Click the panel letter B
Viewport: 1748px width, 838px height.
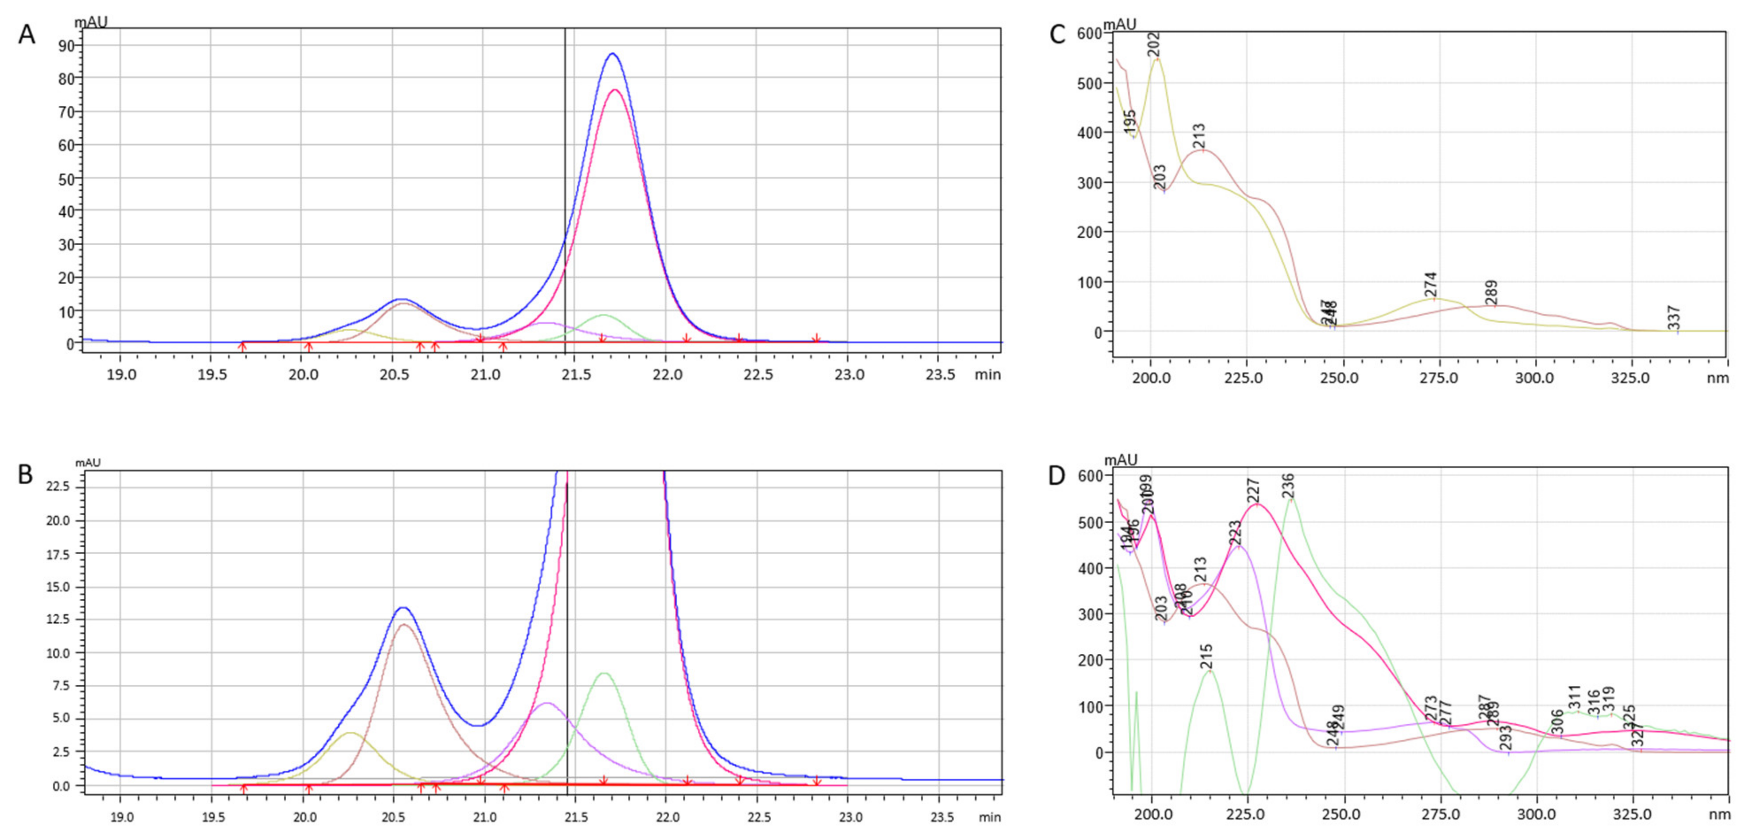[25, 474]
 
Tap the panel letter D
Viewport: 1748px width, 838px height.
[1056, 475]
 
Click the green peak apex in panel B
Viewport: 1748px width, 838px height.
[603, 673]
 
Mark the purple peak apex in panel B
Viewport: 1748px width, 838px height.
[547, 703]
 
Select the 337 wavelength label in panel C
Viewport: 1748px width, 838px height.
[1674, 318]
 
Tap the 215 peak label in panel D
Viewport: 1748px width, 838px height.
[1206, 656]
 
